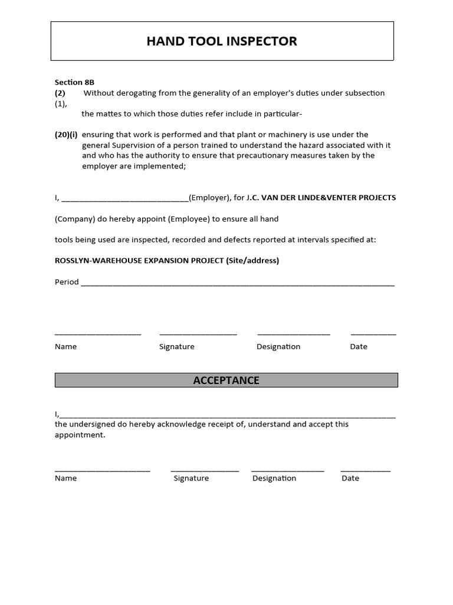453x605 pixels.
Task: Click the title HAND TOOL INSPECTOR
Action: (x=222, y=41)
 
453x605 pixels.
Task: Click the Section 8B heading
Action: (x=74, y=82)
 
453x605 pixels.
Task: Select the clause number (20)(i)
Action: (x=66, y=135)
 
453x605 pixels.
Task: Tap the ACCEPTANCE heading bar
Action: (x=226, y=380)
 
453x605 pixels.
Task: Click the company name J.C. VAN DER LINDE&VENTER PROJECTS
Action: (x=321, y=197)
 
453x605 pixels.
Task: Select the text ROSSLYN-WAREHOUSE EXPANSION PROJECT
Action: (x=139, y=261)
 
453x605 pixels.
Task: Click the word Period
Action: (x=67, y=282)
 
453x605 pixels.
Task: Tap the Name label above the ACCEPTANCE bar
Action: (x=65, y=347)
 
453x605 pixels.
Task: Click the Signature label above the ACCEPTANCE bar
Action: (x=176, y=347)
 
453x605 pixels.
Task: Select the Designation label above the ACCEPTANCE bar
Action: (x=278, y=347)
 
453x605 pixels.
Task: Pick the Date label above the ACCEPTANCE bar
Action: (x=359, y=347)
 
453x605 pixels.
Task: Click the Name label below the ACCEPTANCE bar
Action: (x=65, y=479)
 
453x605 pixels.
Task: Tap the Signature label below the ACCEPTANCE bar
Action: (x=191, y=479)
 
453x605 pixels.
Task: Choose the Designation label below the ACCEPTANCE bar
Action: (x=274, y=479)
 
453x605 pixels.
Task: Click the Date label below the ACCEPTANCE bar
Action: (x=350, y=479)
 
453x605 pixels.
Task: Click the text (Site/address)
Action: (x=252, y=261)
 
